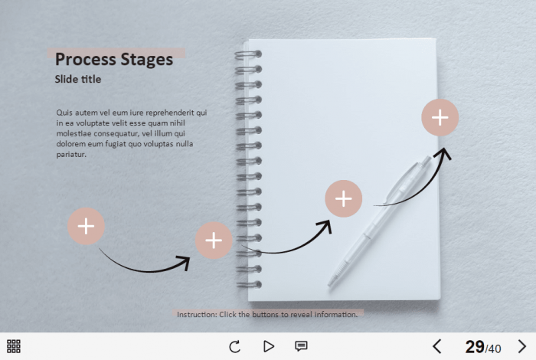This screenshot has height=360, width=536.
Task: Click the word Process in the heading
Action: pyautogui.click(x=86, y=59)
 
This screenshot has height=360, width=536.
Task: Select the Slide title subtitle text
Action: pyautogui.click(x=78, y=79)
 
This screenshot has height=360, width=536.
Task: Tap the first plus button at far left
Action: pyautogui.click(x=86, y=226)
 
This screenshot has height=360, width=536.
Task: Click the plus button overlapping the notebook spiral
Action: pyautogui.click(x=214, y=241)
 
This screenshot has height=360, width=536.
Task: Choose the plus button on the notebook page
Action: pyautogui.click(x=343, y=198)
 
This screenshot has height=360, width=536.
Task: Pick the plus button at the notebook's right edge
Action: pyautogui.click(x=440, y=118)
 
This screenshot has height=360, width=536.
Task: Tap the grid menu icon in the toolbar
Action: pyautogui.click(x=14, y=346)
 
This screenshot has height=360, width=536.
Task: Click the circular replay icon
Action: pyautogui.click(x=235, y=346)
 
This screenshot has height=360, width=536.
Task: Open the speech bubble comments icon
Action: pyautogui.click(x=301, y=346)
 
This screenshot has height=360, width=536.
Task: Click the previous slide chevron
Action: pyautogui.click(x=437, y=346)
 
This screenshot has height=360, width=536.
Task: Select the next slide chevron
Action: pyautogui.click(x=522, y=346)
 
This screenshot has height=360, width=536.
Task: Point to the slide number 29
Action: pyautogui.click(x=475, y=347)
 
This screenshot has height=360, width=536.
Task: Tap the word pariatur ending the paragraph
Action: pyautogui.click(x=71, y=154)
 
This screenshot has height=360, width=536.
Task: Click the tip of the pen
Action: pyautogui.click(x=328, y=285)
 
